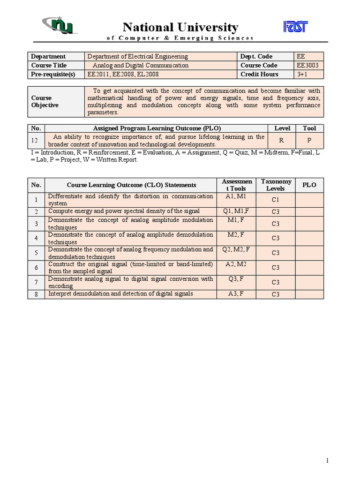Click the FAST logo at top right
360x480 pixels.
click(295, 27)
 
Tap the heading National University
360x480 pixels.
click(180, 27)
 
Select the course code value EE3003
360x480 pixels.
click(307, 66)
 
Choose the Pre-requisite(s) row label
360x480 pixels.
click(50, 75)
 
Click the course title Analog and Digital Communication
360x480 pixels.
click(141, 66)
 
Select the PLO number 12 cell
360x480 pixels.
click(37, 141)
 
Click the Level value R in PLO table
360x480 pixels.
click(282, 141)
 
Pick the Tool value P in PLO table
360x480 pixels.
click(309, 141)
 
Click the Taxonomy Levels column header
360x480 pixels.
click(276, 185)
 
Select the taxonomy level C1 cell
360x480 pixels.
click(276, 200)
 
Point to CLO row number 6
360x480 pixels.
click(36, 267)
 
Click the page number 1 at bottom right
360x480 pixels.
click(328, 461)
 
